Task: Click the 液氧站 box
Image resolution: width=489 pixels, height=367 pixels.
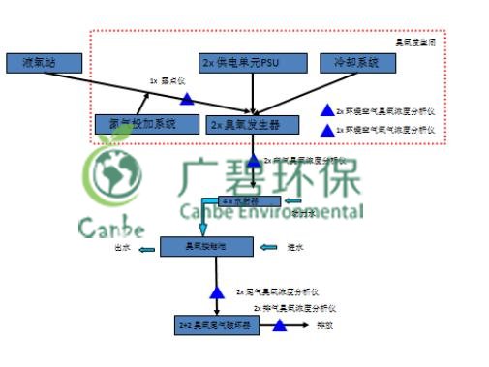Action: pyautogui.click(x=46, y=64)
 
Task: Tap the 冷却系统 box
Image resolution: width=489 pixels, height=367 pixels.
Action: pyautogui.click(x=359, y=64)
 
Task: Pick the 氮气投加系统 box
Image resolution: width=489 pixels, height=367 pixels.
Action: pyautogui.click(x=136, y=123)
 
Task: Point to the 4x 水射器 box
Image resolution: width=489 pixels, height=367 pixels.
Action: pyautogui.click(x=238, y=201)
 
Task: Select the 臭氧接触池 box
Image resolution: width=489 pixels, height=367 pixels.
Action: pyautogui.click(x=206, y=247)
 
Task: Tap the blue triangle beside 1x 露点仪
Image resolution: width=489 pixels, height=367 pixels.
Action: pyautogui.click(x=186, y=99)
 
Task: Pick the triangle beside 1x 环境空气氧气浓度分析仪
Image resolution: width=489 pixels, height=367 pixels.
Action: pyautogui.click(x=326, y=129)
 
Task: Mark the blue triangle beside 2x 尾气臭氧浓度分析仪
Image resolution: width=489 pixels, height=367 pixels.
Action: pyautogui.click(x=215, y=291)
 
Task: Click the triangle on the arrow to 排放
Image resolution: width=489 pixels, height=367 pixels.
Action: pyautogui.click(x=279, y=325)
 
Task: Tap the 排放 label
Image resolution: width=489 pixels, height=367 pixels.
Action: pyautogui.click(x=324, y=325)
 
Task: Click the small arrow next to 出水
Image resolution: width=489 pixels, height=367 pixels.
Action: pyautogui.click(x=145, y=250)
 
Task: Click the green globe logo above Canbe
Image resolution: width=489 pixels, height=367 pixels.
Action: pyautogui.click(x=112, y=175)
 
